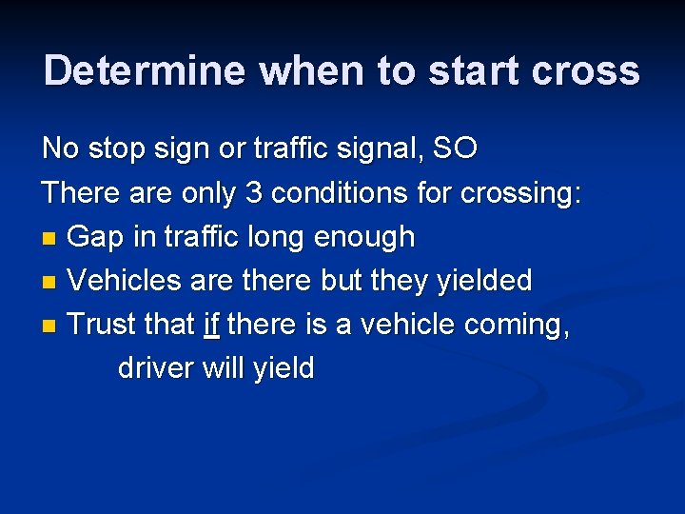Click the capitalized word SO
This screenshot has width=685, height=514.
[x=455, y=148]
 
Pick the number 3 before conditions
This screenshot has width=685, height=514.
[x=253, y=192]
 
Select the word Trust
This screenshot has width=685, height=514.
[x=104, y=325]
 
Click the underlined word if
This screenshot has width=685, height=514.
[x=211, y=325]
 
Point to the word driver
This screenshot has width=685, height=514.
[x=156, y=367]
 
